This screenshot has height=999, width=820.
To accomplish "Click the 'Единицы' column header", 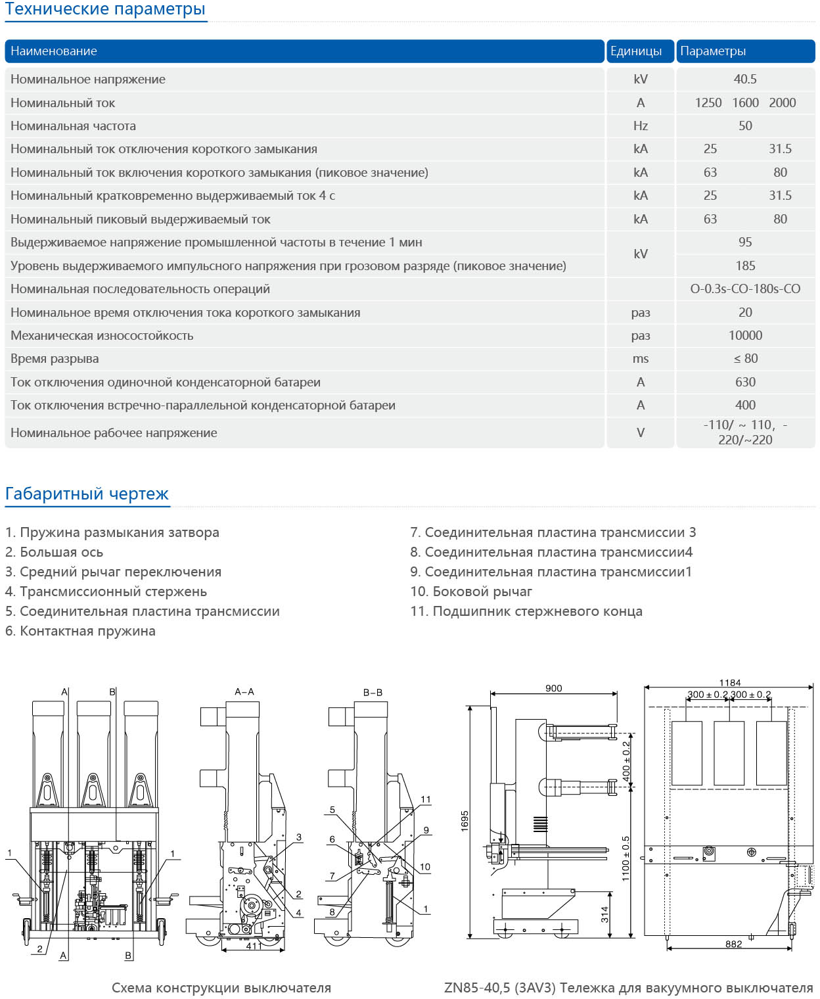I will (x=635, y=51).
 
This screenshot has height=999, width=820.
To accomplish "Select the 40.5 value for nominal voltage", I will (x=745, y=80).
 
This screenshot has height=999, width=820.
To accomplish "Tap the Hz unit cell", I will (x=640, y=126).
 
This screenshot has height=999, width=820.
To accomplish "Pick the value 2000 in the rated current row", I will (x=782, y=103).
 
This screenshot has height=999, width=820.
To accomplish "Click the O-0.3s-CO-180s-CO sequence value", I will (x=745, y=289).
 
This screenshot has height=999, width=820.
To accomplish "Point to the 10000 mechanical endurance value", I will (x=745, y=336).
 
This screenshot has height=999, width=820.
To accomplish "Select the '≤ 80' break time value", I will (x=745, y=359).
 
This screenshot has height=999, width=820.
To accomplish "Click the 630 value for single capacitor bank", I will (x=745, y=383).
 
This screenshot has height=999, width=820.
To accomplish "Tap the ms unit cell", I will (x=640, y=359).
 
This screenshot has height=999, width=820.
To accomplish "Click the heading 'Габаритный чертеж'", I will (x=87, y=494).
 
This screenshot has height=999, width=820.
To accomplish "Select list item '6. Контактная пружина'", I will (x=80, y=631).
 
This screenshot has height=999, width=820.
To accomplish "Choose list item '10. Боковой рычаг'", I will (x=471, y=592).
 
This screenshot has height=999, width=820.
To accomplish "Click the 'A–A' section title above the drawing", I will (x=244, y=691).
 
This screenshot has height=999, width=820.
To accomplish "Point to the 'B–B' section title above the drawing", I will (x=373, y=692).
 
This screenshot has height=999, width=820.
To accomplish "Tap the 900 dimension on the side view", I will (x=553, y=688).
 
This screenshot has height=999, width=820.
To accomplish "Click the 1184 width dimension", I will (x=729, y=683).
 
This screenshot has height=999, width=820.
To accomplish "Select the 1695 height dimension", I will (x=465, y=821).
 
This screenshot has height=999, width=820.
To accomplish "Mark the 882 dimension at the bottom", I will (x=733, y=944).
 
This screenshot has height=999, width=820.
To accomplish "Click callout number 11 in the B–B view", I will (x=426, y=800).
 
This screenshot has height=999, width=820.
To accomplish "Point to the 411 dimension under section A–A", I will (x=254, y=946).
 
